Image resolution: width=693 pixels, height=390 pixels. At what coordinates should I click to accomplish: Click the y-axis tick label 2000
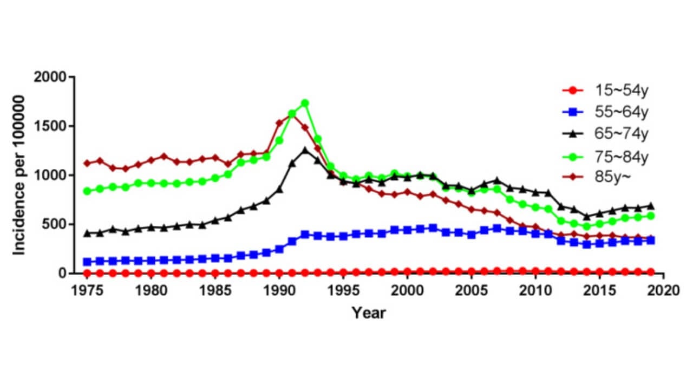[50, 77]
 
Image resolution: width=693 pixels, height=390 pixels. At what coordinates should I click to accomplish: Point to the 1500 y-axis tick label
[50, 126]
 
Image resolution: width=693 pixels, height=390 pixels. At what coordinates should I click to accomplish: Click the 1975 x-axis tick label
[87, 290]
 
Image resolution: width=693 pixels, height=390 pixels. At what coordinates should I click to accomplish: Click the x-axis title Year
[369, 313]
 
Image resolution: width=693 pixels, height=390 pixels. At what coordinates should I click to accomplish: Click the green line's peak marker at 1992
[305, 103]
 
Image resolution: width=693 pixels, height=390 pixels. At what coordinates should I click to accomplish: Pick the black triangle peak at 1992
[305, 150]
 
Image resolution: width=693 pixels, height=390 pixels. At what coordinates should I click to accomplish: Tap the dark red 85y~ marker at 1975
[87, 163]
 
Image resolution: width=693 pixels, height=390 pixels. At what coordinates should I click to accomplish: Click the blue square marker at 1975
[87, 262]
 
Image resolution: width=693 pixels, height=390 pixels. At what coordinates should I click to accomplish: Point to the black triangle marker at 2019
[651, 206]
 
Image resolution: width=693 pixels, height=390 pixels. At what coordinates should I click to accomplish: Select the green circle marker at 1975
[87, 191]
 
